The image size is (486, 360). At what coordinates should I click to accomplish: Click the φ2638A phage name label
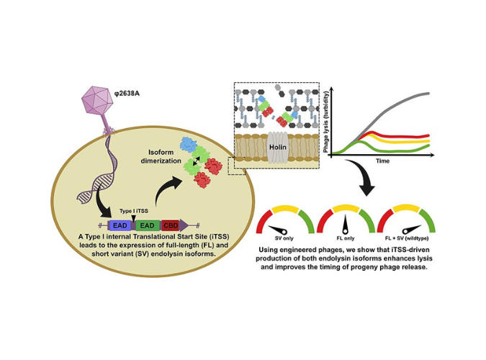point(127,93)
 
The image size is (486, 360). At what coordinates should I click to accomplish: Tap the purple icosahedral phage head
point(94,100)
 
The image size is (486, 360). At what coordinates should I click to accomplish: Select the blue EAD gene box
point(120,225)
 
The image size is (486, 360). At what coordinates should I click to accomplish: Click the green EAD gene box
point(147,225)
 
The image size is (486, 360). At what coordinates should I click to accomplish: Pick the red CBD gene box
point(171,225)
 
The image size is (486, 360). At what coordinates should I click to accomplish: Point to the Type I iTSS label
point(134,211)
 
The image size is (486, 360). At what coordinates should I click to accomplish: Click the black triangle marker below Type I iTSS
point(133,219)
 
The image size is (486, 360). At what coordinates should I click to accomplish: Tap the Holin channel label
point(277,147)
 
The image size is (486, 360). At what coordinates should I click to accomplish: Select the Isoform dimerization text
point(161,156)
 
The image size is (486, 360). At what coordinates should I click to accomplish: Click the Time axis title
point(383,161)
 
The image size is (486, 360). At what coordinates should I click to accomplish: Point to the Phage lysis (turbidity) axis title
point(325,122)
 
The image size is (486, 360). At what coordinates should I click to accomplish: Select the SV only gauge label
point(284,238)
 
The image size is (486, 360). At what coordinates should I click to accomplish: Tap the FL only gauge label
point(346,238)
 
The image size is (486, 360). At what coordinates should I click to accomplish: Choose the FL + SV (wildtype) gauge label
point(407,238)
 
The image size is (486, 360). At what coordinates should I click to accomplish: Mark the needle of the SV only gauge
point(278,230)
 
